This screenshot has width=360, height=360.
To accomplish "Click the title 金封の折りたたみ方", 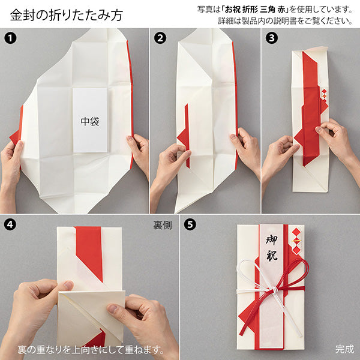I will point(66,14).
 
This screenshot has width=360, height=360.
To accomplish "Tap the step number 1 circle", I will point(9,38).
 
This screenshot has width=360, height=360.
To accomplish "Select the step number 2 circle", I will point(160,38).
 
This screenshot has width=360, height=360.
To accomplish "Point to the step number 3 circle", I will point(271,38).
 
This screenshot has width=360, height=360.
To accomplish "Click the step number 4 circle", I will point(9,226).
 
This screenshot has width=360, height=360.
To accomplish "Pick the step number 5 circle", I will point(190,226).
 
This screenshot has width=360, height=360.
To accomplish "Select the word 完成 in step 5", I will point(344,349).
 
